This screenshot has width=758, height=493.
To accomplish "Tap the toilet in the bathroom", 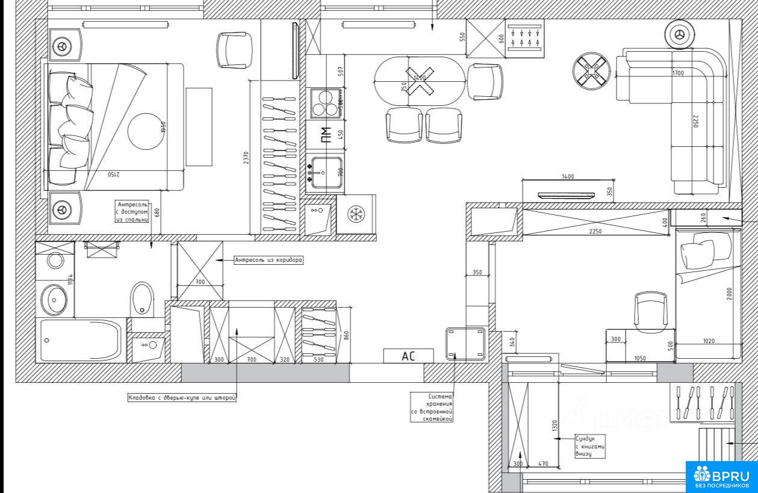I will point(142,298).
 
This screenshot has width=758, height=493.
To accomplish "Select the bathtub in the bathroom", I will point(81,340).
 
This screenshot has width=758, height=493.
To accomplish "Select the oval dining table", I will point(420,81).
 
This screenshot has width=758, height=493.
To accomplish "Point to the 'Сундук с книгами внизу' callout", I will point(590,447).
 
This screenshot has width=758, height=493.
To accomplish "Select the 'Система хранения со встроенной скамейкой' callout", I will point(432,407).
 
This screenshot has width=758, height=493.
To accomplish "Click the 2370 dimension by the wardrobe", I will point(246,158).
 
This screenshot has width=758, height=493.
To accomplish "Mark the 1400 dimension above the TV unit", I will point(567,176).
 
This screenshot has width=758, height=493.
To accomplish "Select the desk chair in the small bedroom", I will point(652,310).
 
